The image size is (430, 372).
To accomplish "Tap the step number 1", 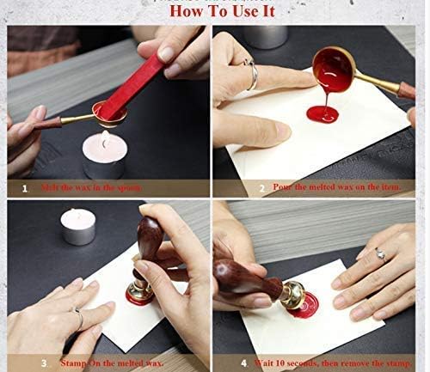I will [24, 186].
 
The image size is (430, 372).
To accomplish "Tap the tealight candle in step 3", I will [77, 226].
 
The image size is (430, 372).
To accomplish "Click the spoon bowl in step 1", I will [109, 113].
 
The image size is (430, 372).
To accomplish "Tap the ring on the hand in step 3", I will [79, 320].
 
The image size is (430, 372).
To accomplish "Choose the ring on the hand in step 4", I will [378, 254].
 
